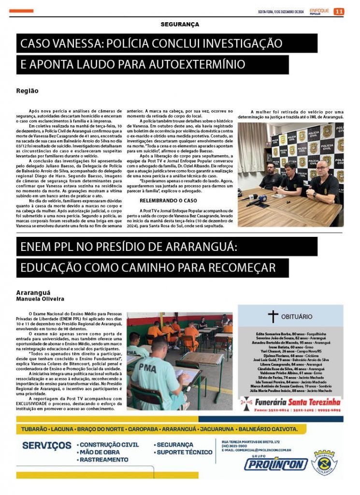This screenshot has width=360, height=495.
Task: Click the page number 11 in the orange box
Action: [339, 12]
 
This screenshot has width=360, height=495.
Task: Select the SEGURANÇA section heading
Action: [180, 24]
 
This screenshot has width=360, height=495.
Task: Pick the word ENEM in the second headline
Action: [38, 247]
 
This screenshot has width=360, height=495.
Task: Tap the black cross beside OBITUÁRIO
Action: [273, 317]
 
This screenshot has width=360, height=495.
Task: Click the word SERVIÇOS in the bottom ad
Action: [47, 445]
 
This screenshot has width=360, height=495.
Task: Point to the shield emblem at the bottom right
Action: [324, 462]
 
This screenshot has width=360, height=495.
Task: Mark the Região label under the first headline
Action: [28, 90]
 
